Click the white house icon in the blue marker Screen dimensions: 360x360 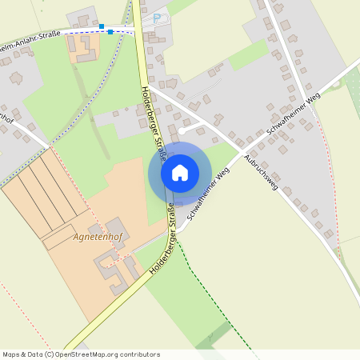pos(180,173)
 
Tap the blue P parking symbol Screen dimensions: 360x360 pos(157,17)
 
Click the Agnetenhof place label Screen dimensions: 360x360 pos(96,238)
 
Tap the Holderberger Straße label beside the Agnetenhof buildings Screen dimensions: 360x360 pos(161,251)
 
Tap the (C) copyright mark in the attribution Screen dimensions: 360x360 pos(50,354)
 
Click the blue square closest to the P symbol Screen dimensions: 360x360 pos(110,32)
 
